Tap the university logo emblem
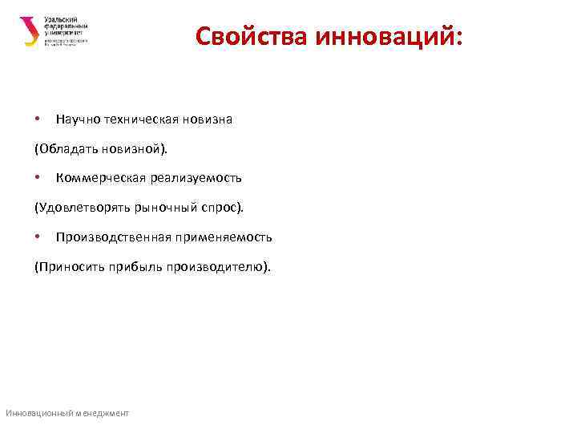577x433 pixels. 28,31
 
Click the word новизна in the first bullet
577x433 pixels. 207,119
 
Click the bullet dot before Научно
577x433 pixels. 38,119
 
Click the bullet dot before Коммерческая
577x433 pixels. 38,177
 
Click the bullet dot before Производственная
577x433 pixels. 38,236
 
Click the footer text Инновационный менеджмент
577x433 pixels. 67,413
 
